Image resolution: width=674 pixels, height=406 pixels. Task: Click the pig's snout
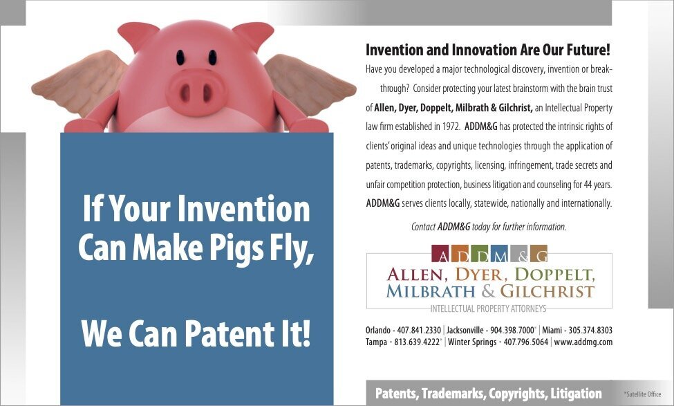[196, 91]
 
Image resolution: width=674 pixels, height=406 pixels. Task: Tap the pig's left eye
[180, 57]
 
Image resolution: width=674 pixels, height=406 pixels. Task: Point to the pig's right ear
[254, 35]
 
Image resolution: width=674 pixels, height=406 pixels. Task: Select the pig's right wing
[310, 84]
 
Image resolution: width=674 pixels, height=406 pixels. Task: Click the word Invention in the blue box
[244, 208]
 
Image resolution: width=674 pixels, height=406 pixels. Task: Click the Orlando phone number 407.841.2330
[419, 331]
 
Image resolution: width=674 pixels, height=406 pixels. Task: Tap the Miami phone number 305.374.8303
[590, 331]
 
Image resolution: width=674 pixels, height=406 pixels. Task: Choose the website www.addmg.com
[583, 342]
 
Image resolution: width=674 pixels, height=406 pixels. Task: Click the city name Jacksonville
[465, 331]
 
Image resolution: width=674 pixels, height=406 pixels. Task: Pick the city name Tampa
[377, 342]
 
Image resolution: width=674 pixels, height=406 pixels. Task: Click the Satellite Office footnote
[642, 394]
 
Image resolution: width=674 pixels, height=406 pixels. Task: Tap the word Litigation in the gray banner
[576, 394]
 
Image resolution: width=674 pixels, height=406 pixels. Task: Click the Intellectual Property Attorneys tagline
[488, 308]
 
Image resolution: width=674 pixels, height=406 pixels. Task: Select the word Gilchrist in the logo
[547, 291]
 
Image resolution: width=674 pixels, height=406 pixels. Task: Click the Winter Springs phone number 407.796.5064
[526, 342]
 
